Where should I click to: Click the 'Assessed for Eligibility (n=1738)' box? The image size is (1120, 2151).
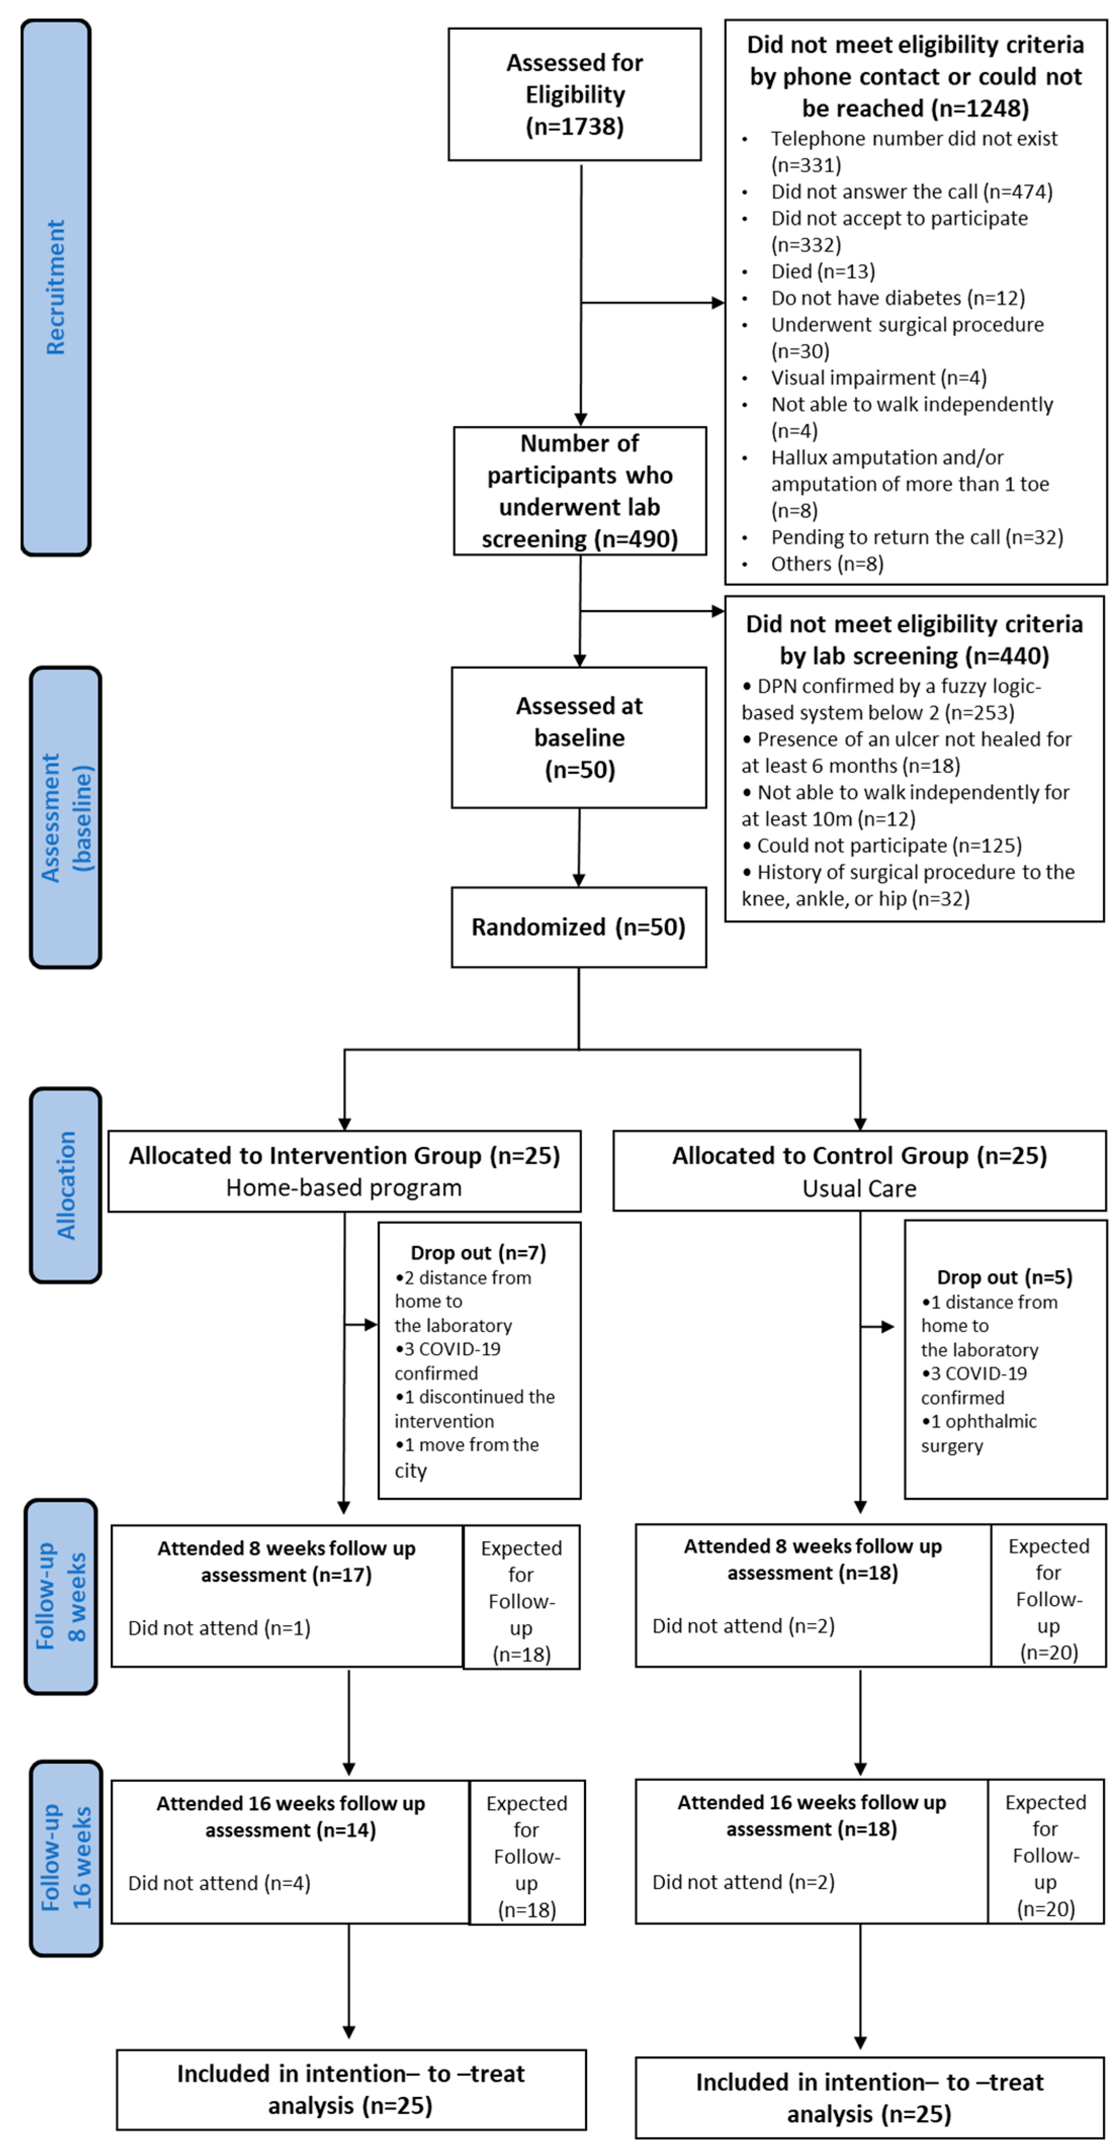click(574, 95)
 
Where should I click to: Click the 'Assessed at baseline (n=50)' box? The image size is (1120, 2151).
click(579, 738)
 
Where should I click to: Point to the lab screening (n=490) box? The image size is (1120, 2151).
click(579, 491)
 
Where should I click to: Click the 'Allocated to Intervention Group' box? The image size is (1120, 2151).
click(344, 1171)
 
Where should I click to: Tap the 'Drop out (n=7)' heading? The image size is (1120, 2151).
click(478, 1253)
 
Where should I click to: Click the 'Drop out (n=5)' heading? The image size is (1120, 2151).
click(1004, 1277)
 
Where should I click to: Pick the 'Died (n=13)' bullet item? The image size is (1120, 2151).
click(823, 271)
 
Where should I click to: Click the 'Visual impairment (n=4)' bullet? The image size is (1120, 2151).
click(878, 378)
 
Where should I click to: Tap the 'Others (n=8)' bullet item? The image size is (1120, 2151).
click(827, 564)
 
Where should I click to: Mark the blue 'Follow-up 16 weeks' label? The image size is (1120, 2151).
click(65, 1858)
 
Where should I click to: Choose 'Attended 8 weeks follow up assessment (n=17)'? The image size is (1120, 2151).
click(287, 1561)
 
